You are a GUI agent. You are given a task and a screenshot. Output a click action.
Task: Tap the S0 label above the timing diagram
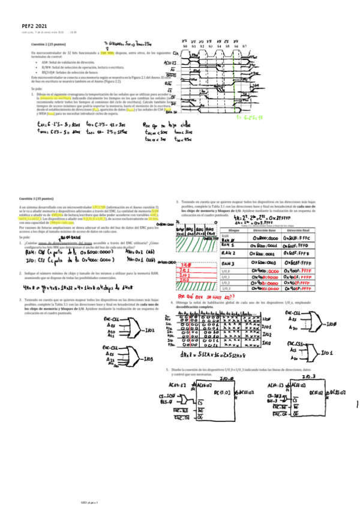point(185,46)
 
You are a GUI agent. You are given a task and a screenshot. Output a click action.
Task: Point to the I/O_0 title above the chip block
point(227,379)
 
